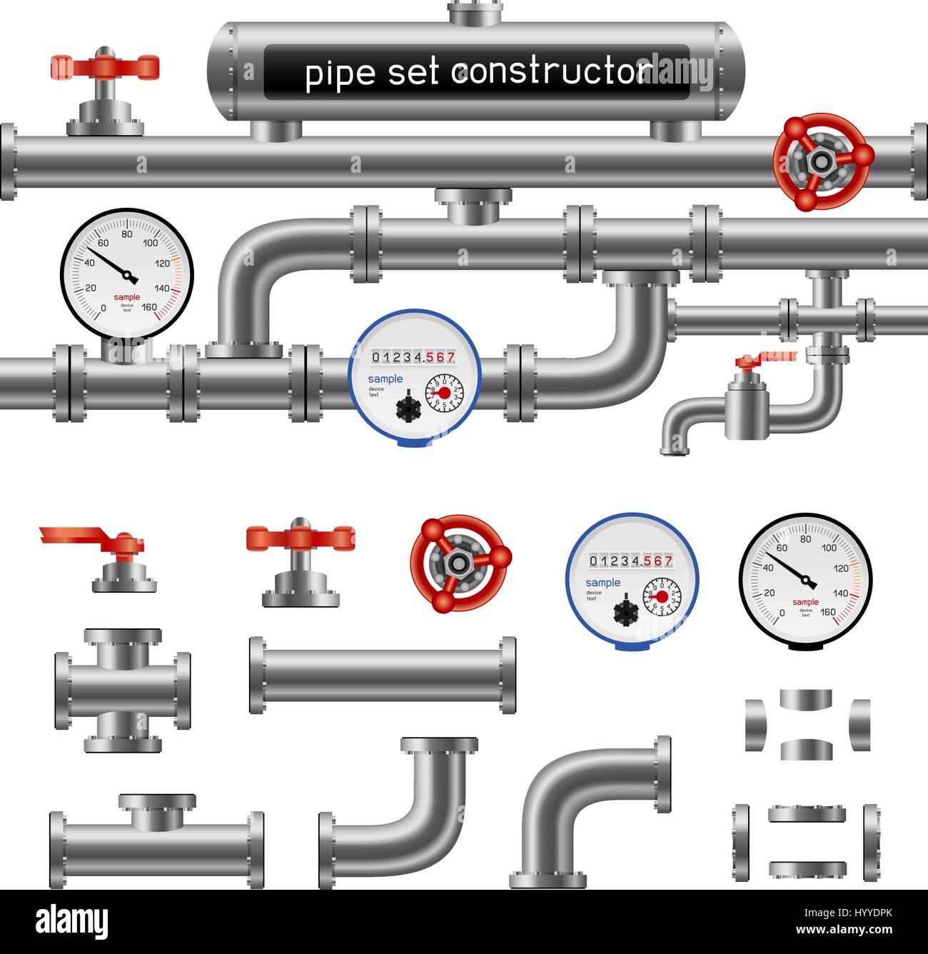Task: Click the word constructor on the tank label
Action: [x=553, y=73]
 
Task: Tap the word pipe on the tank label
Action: [x=340, y=74]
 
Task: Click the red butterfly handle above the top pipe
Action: [x=105, y=67]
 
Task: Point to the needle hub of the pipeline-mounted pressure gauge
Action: [x=128, y=276]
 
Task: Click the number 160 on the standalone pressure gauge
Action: [x=827, y=612]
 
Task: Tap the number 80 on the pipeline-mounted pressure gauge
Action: [x=127, y=234]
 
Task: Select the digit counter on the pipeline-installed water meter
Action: [x=414, y=356]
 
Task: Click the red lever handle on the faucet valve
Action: [x=764, y=357]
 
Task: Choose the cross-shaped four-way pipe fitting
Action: [x=123, y=691]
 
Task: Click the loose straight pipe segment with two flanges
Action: [x=383, y=675]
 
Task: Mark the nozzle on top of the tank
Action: [x=475, y=12]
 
